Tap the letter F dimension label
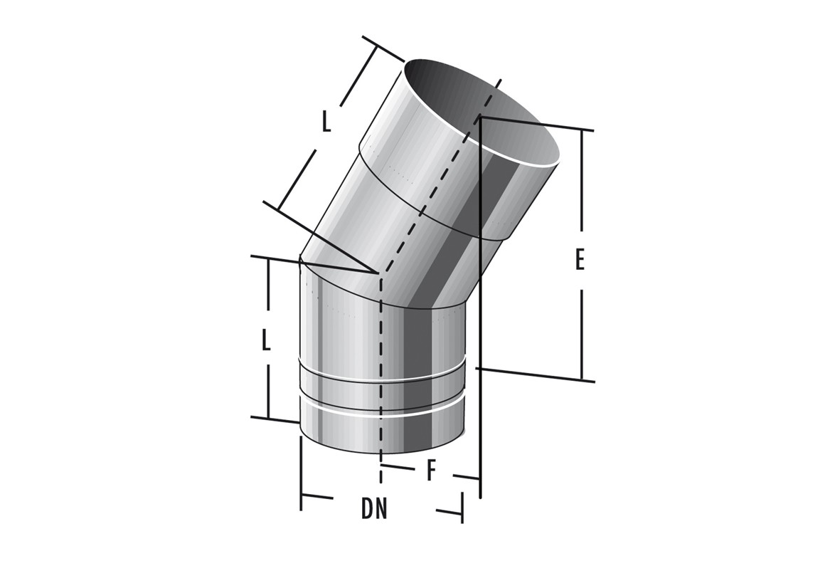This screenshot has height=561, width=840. [431, 471]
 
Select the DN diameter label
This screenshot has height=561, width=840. [374, 510]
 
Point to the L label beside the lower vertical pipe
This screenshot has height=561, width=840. [266, 340]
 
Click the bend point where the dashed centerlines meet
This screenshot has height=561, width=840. [380, 274]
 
